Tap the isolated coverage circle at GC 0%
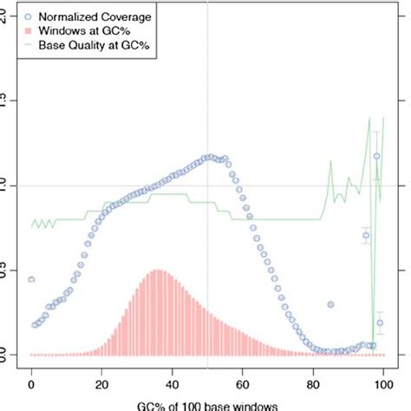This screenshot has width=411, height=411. (32, 279)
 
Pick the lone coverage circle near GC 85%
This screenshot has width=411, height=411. (330, 304)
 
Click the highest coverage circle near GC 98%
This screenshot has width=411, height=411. (376, 156)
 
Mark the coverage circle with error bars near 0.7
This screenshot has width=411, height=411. (366, 235)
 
